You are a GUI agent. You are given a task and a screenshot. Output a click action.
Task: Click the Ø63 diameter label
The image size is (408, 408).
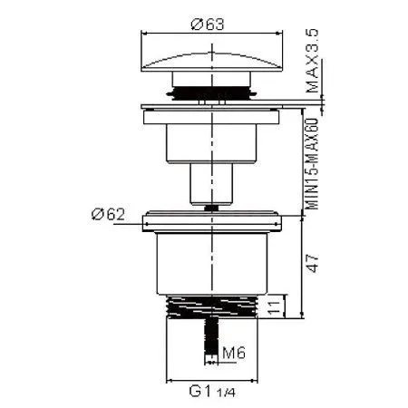tap(208, 24)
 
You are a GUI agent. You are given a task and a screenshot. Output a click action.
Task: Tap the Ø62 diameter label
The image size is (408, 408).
tap(108, 214)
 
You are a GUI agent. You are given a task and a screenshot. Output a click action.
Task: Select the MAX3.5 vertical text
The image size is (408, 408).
tap(312, 61)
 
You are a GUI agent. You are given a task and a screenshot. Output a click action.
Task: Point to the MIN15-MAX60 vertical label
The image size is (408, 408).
tap(312, 163)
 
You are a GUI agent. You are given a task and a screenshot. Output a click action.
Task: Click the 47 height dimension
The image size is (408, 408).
tap(312, 264)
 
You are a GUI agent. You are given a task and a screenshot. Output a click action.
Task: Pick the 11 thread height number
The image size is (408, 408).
tap(275, 307)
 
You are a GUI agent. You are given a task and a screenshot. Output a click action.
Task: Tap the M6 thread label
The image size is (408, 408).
tap(234, 353)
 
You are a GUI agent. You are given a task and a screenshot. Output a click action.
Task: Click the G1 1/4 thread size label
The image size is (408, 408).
tap(212, 392)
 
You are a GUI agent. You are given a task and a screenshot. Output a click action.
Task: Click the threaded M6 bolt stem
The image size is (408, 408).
tap(211, 335)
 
